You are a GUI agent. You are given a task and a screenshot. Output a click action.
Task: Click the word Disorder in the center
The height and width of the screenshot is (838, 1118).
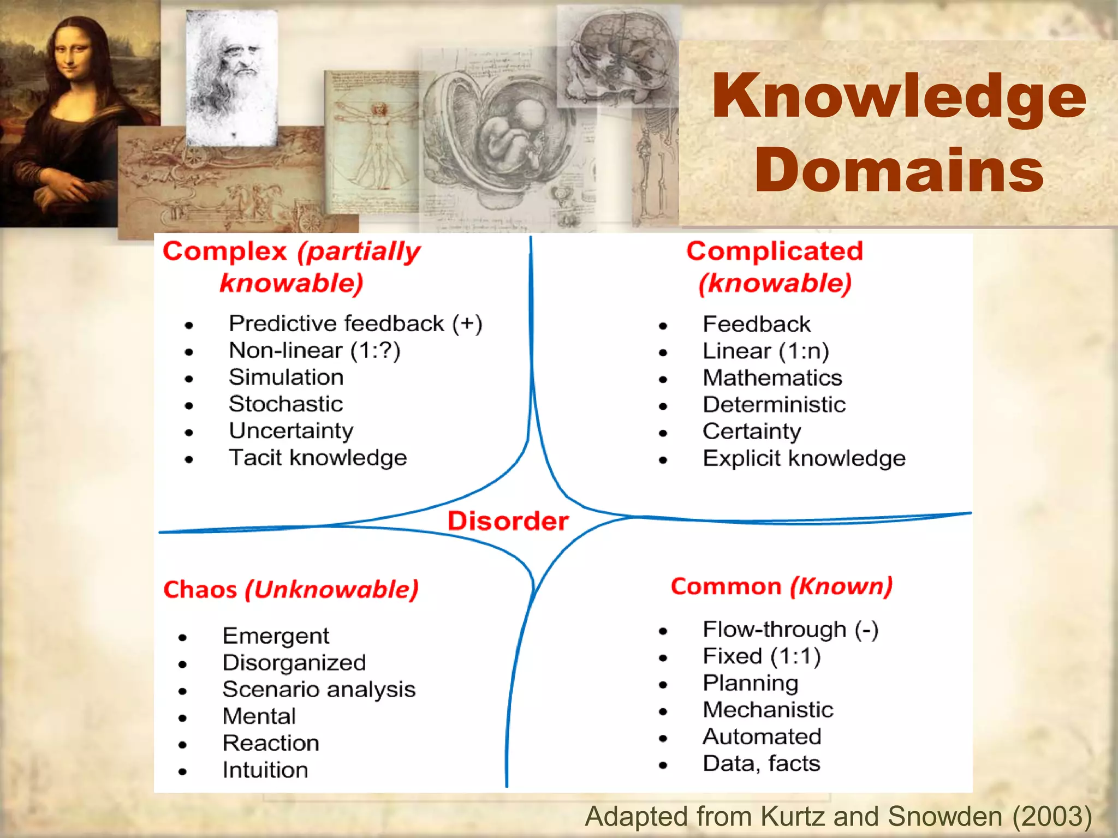coord(508,521)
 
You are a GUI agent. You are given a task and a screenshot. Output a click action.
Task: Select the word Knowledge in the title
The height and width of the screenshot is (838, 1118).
coord(899,97)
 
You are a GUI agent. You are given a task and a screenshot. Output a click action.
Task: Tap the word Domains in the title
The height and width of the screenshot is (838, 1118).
coord(899,170)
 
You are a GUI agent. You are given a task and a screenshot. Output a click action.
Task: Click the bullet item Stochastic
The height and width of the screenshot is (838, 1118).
coord(286,404)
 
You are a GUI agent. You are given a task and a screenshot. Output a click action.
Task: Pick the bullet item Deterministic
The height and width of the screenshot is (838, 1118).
coord(774,405)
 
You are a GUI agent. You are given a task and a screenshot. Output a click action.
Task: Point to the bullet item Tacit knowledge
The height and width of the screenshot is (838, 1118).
coord(318,458)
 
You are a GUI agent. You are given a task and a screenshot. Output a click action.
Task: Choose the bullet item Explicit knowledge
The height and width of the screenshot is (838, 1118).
coord(804,458)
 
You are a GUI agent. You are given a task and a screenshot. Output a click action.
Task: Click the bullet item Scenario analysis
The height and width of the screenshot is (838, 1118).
coord(319,690)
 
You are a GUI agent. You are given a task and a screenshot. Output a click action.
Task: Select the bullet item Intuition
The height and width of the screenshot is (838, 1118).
coord(265,770)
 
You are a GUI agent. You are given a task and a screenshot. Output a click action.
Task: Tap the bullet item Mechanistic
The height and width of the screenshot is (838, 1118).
coord(768,710)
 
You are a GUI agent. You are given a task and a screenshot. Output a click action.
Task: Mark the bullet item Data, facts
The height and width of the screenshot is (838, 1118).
coord(761,763)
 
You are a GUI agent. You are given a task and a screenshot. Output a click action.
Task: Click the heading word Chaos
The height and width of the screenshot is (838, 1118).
coord(200,590)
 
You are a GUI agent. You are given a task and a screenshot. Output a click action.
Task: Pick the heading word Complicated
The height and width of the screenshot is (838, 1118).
coord(775,252)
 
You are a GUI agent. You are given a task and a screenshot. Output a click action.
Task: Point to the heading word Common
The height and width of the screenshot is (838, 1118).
coord(725,586)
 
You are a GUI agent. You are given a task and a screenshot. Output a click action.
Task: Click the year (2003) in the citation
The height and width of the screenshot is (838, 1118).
coord(1052,817)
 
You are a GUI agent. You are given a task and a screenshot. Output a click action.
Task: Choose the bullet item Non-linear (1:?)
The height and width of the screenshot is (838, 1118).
coord(314,351)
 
